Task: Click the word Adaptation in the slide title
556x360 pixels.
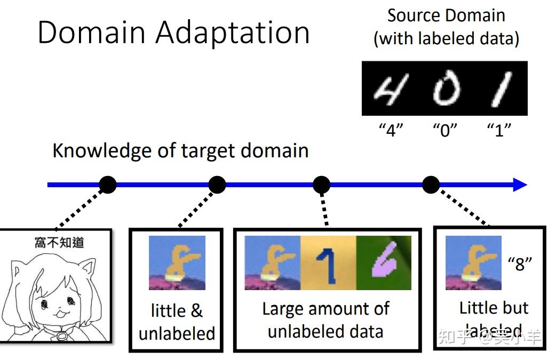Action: point(233,32)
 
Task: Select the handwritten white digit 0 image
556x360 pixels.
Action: point(446,89)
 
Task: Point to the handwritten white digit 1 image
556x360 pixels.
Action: point(500,89)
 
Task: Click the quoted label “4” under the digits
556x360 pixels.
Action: point(391,130)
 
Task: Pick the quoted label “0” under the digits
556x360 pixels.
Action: point(446,130)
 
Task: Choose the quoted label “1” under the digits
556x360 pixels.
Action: point(499,130)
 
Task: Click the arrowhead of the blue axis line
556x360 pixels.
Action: point(520,185)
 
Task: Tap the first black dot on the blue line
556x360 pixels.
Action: point(108,185)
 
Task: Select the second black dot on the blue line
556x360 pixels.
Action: point(217,185)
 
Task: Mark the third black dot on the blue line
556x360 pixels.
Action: point(321,185)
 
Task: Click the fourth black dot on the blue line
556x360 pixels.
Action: point(431,185)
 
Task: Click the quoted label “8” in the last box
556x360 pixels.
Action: point(520,263)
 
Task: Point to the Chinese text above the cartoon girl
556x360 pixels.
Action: point(59,243)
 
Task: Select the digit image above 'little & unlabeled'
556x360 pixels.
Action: point(177,263)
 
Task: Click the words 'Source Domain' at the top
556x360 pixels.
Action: point(446,15)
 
